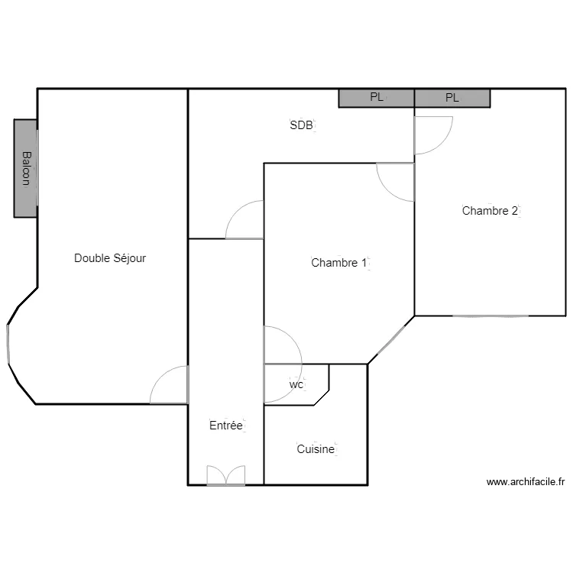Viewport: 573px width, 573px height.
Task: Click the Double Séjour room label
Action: (110, 258)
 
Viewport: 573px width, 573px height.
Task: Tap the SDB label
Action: (302, 125)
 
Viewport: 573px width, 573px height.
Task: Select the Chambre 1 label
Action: (338, 262)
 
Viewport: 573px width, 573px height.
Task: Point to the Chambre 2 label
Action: (490, 211)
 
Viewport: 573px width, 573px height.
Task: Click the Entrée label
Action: (226, 425)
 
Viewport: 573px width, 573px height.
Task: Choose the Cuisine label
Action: (316, 448)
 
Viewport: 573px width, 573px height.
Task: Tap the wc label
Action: (296, 384)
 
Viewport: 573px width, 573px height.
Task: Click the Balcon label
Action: (26, 169)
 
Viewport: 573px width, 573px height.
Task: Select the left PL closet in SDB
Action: (377, 98)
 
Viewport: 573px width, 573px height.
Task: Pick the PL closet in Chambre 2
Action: (452, 98)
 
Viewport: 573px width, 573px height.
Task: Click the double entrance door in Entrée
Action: (226, 475)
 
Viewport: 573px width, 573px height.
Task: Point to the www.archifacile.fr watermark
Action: (526, 482)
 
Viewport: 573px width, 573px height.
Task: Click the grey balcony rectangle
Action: (25, 169)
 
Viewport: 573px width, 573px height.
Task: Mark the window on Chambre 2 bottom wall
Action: (490, 316)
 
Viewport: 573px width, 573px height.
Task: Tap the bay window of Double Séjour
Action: (8, 344)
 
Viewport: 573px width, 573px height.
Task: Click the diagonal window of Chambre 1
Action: (391, 339)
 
